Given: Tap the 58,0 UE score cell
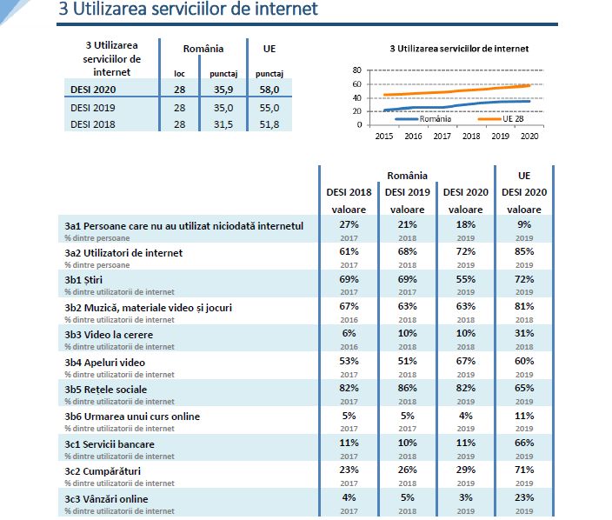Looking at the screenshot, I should tap(269, 89).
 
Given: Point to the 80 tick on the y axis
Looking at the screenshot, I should tap(357, 70).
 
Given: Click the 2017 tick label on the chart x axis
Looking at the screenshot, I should tap(442, 137).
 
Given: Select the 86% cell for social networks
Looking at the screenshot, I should tap(407, 388).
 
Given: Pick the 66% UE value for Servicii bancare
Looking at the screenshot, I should tap(524, 443).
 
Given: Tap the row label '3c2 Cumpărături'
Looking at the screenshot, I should tap(103, 471).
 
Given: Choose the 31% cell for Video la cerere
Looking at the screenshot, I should tap(524, 333).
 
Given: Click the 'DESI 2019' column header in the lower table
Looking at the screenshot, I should tap(407, 191).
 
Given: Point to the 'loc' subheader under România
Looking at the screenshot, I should tap(180, 74).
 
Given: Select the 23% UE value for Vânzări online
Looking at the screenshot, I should tap(524, 498).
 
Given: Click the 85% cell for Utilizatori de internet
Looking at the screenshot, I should tap(524, 252).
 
